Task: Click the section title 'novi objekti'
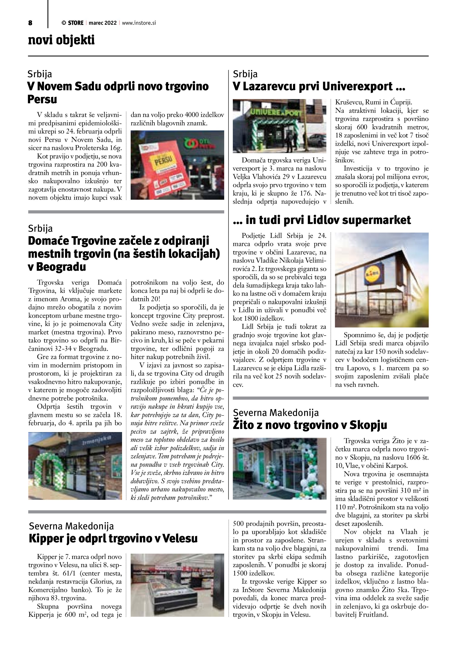click(x=61, y=40)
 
